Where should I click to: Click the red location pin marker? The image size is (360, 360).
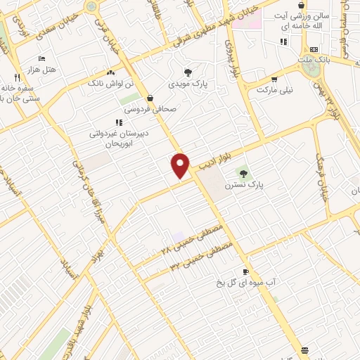pos(181,165)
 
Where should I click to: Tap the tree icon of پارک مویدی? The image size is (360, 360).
pos(187,72)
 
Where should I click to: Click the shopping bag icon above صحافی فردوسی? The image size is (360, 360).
pos(150,98)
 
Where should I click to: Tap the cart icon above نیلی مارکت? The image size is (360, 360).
pos(274,79)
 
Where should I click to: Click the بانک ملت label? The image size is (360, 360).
pos(314,60)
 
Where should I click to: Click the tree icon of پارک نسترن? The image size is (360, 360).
pos(244,173)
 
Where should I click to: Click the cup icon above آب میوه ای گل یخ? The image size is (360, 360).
pos(245,272)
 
